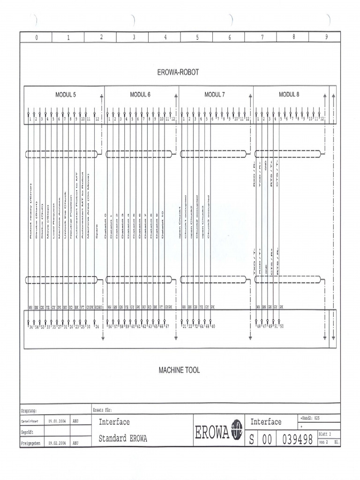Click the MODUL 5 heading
click(65, 94)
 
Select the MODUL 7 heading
click(215, 94)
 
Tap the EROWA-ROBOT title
click(178, 72)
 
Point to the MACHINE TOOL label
click(179, 370)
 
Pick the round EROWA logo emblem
click(237, 430)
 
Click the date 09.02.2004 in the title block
click(57, 442)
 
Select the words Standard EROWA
click(123, 439)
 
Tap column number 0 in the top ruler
click(36, 37)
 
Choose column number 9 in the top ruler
click(326, 37)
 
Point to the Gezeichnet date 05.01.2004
click(57, 421)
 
